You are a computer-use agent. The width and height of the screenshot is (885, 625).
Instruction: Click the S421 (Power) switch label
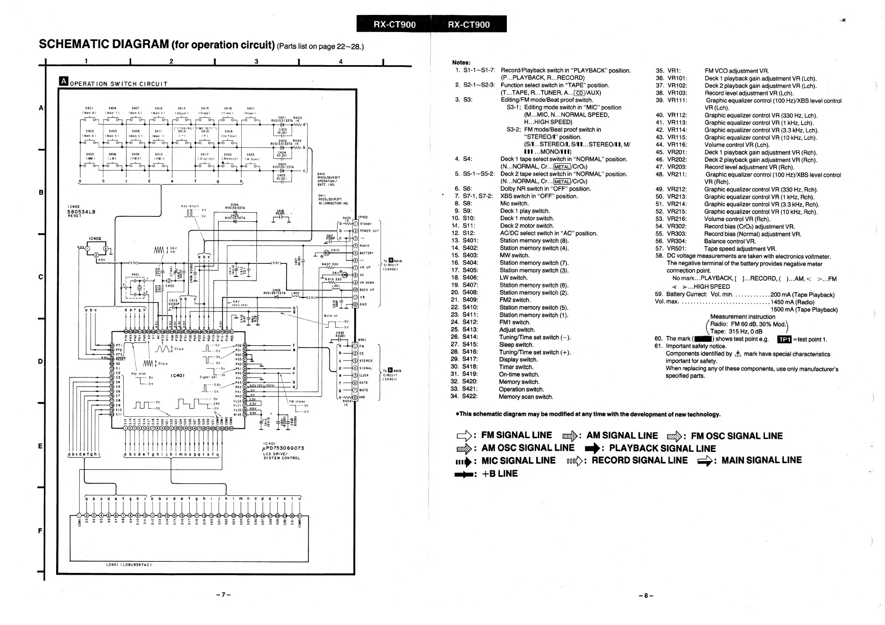(251, 110)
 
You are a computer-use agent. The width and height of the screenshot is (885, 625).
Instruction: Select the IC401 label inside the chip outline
(177, 375)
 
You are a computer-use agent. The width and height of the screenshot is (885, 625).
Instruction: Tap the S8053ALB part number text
(81, 212)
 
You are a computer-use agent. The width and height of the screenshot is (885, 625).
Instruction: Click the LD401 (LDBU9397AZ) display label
(129, 565)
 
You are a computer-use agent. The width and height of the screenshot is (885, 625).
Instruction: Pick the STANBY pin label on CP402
(366, 224)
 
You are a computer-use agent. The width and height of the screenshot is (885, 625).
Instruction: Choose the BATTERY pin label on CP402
(367, 253)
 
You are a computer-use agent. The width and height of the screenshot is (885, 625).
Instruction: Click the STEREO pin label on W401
(366, 361)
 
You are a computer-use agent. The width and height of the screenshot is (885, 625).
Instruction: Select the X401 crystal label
(135, 275)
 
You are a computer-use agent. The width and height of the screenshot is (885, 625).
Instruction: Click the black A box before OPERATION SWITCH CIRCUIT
(64, 81)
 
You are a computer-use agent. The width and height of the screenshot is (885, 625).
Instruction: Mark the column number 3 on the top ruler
(256, 61)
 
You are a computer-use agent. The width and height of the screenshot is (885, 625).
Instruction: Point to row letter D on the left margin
(41, 361)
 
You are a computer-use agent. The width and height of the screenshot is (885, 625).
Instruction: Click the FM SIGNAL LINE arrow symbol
(464, 436)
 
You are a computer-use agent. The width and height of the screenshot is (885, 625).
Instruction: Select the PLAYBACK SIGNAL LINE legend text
(662, 448)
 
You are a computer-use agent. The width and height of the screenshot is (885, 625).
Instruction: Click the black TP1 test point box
(784, 339)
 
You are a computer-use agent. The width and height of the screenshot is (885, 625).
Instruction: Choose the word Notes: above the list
(461, 62)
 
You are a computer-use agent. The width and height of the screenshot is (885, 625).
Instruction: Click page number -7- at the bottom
(223, 595)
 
